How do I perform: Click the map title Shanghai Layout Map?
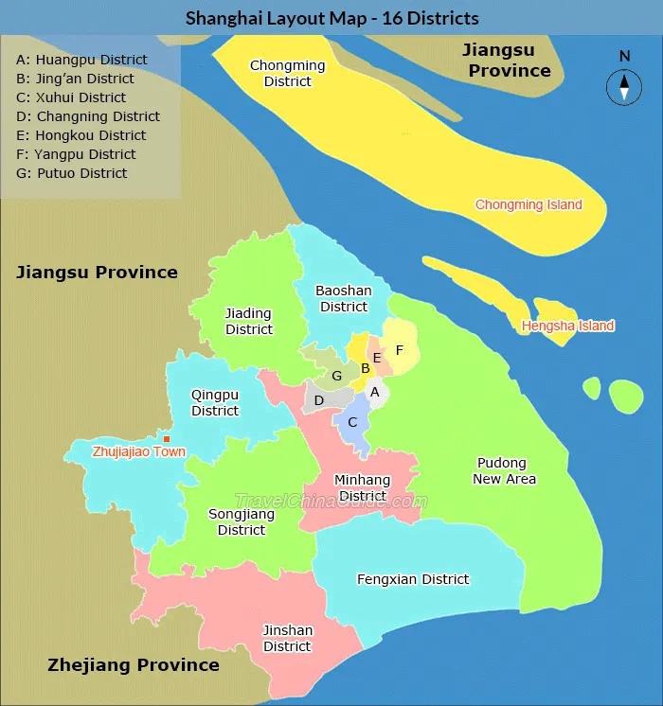pyautogui.click(x=331, y=18)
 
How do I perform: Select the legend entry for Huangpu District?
pyautogui.click(x=82, y=60)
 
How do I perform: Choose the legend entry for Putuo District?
pyautogui.click(x=72, y=173)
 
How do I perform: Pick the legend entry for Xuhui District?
pyautogui.click(x=71, y=97)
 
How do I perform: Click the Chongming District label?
pyautogui.click(x=287, y=74)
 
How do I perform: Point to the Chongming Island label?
pyautogui.click(x=529, y=204)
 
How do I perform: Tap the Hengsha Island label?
pyautogui.click(x=567, y=326)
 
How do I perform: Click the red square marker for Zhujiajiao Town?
pyautogui.click(x=167, y=439)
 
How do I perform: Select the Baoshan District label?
pyautogui.click(x=344, y=298)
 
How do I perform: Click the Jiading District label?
pyautogui.click(x=248, y=322)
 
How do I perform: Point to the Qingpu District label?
pyautogui.click(x=215, y=402)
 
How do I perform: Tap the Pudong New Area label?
pyautogui.click(x=505, y=471)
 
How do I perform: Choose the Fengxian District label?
pyautogui.click(x=413, y=579)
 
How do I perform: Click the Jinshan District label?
pyautogui.click(x=287, y=639)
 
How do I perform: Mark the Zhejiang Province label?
pyautogui.click(x=134, y=665)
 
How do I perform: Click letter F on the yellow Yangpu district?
pyautogui.click(x=400, y=350)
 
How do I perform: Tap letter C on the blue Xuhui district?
pyautogui.click(x=352, y=422)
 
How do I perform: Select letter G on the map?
pyautogui.click(x=336, y=377)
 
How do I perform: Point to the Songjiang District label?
pyautogui.click(x=242, y=522)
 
